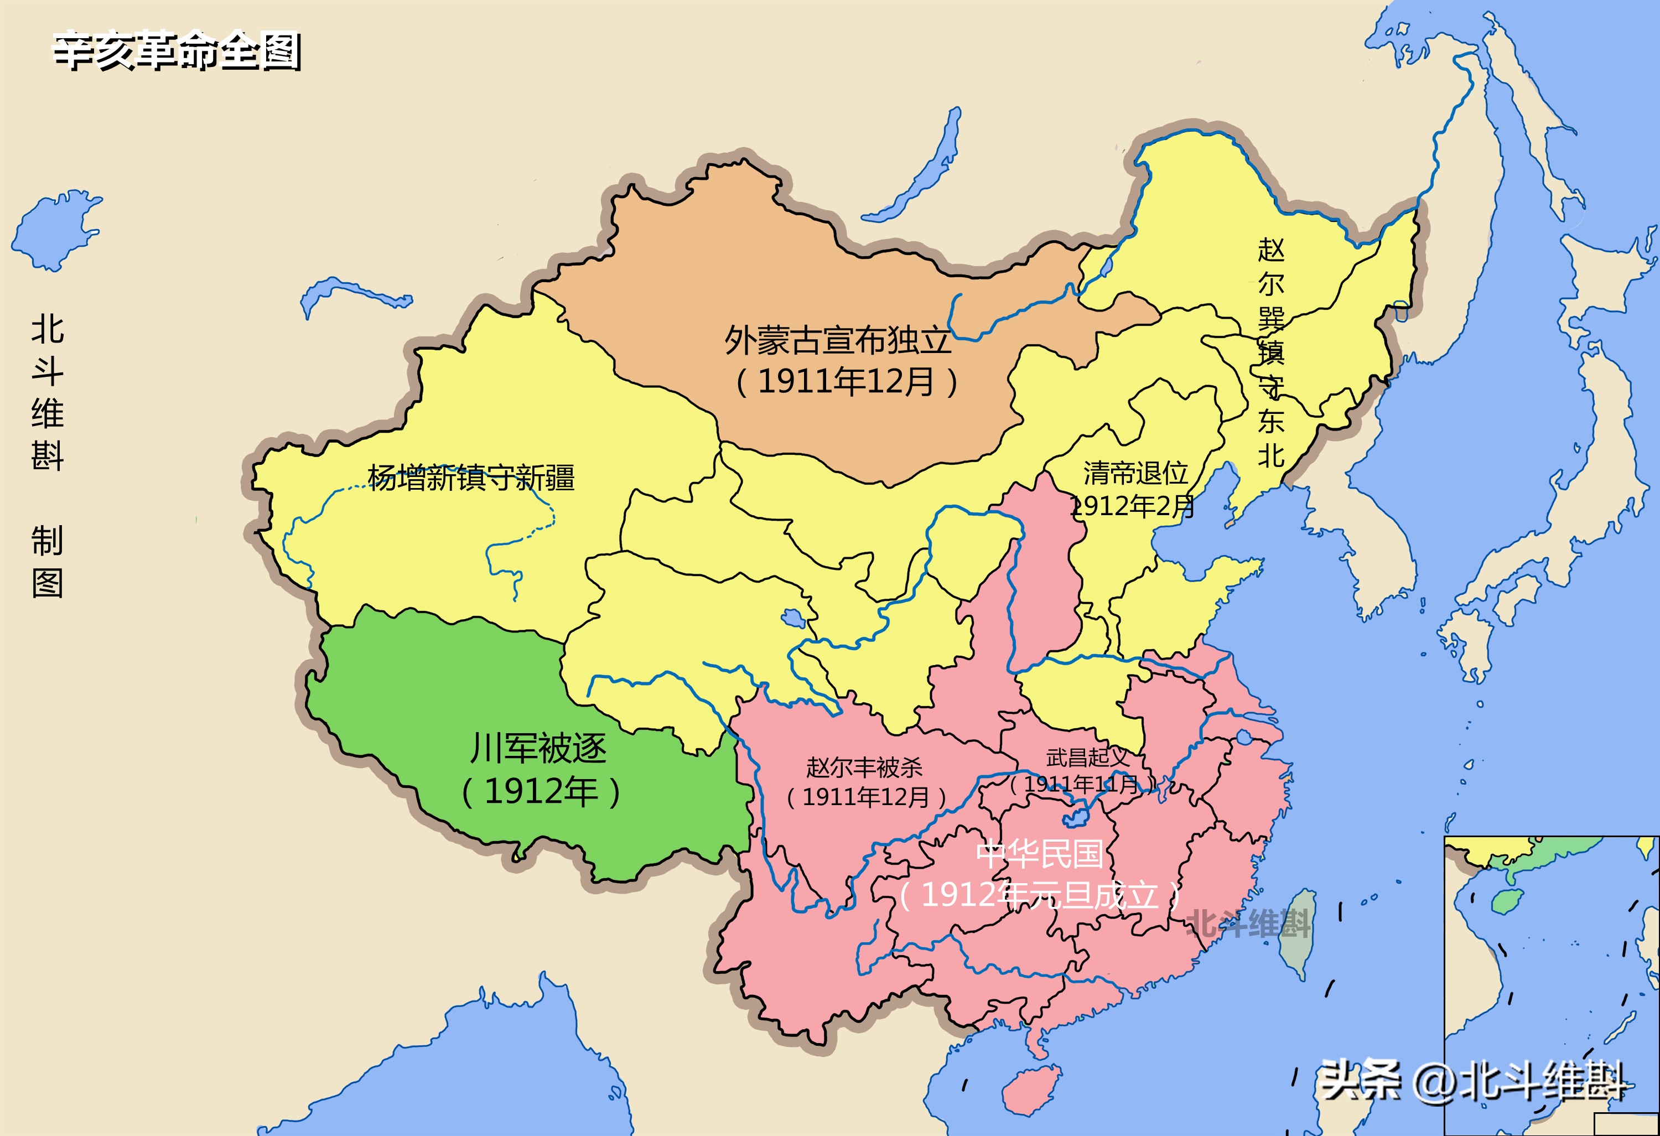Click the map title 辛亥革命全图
tap(177, 51)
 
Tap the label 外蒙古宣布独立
tap(837, 341)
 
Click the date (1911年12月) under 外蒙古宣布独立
tap(847, 381)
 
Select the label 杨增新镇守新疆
tap(471, 478)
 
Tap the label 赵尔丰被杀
tap(864, 768)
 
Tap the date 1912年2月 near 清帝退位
tap(1133, 506)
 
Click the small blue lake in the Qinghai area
tap(793, 618)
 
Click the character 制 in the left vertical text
tap(47, 540)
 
